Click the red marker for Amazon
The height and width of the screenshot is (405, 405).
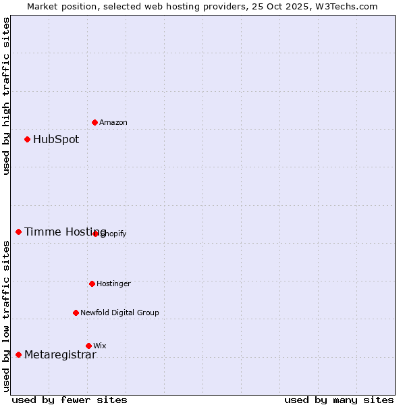pyautogui.click(x=94, y=122)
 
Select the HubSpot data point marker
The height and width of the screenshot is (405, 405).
pyautogui.click(x=27, y=139)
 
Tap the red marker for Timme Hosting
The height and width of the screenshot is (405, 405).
pyautogui.click(x=18, y=232)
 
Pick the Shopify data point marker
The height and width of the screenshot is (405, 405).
pyautogui.click(x=95, y=234)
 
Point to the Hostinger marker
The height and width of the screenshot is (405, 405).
pyautogui.click(x=92, y=283)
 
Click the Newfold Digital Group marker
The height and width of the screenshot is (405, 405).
pyautogui.click(x=76, y=313)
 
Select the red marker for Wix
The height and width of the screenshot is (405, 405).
pyautogui.click(x=88, y=346)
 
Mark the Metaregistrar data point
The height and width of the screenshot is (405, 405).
pyautogui.click(x=18, y=354)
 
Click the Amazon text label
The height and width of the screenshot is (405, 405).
pyautogui.click(x=113, y=122)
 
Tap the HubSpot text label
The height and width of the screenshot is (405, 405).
pyautogui.click(x=56, y=140)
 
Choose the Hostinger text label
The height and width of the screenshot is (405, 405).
pyautogui.click(x=113, y=283)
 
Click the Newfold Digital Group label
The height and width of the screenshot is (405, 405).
pyautogui.click(x=119, y=313)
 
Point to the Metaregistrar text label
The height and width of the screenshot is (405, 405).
pyautogui.click(x=60, y=355)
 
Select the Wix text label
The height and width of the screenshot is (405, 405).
pyautogui.click(x=100, y=346)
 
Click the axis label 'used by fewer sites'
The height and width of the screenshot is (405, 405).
pyautogui.click(x=70, y=400)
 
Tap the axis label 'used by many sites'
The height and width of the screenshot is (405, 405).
pyautogui.click(x=339, y=400)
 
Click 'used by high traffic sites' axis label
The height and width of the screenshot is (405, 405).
pyautogui.click(x=7, y=96)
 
